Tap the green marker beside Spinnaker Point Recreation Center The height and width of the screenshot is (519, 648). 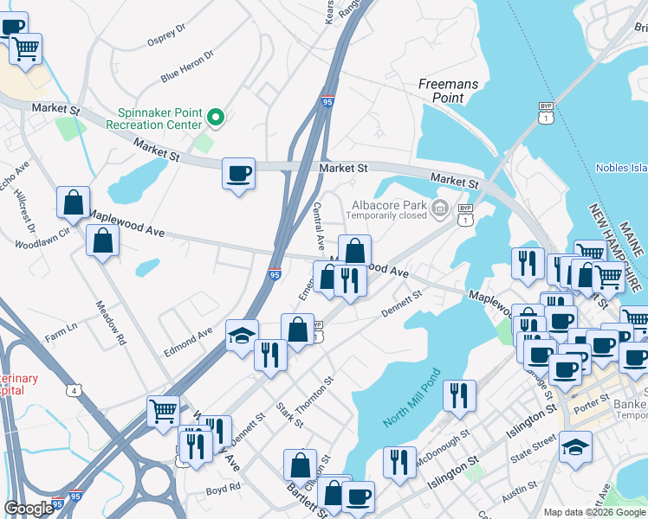click(x=216, y=118)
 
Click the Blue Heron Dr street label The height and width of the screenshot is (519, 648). click(x=186, y=67)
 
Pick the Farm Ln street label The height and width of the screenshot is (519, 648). click(x=61, y=330)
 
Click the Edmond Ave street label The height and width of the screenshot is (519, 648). click(x=188, y=343)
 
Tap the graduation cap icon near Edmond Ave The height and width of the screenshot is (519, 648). click(x=242, y=335)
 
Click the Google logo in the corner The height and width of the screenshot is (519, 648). click(x=29, y=509)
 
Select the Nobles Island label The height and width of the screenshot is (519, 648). click(x=621, y=167)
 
